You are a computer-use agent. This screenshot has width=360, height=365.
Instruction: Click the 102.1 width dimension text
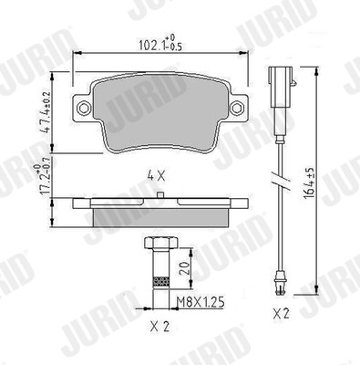(x=160, y=43)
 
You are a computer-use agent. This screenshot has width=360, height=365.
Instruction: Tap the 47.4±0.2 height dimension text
(x=46, y=112)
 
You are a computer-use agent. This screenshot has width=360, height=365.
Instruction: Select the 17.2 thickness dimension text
(x=42, y=181)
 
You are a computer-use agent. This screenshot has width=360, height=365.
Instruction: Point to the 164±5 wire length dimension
(x=308, y=183)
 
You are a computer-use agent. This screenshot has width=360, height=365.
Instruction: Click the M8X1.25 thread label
(x=201, y=302)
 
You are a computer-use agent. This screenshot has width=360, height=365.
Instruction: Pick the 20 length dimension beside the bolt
(x=185, y=268)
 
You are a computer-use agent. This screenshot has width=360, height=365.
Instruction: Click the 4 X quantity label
(x=156, y=176)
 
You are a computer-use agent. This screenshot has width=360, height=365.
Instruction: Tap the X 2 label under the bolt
(x=159, y=327)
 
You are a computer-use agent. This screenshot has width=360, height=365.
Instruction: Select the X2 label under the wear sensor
(x=281, y=313)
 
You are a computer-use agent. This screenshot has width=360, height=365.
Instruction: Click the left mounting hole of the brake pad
(x=84, y=108)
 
